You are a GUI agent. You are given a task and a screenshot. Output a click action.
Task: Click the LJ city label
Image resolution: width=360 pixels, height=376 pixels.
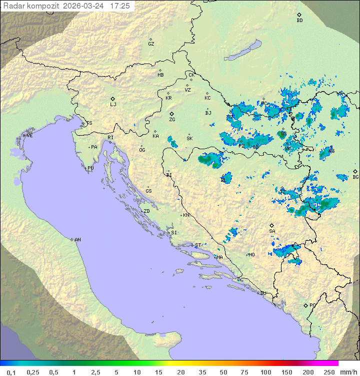[x=113, y=105]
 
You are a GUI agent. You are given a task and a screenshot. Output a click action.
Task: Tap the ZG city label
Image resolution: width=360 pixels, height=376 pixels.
[x=172, y=120]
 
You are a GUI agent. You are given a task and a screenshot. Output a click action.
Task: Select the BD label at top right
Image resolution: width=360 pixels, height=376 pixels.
[x=299, y=21]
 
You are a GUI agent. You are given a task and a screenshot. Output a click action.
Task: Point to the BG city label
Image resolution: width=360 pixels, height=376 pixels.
[x=355, y=177]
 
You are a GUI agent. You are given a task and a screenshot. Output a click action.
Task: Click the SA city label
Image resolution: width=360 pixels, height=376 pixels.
[x=272, y=231]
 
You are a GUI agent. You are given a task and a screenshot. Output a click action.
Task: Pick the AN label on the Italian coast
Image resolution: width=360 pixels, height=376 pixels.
[x=77, y=240]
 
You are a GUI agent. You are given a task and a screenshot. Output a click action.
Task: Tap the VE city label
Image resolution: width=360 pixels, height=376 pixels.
[x=29, y=136]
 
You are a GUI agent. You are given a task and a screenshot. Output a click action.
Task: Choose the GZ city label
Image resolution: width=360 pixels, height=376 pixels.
[x=151, y=44]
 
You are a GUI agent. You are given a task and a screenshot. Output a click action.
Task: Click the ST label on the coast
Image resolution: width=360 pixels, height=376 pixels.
[x=198, y=245]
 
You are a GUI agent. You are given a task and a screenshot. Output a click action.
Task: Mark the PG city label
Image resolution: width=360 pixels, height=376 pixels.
[x=312, y=305]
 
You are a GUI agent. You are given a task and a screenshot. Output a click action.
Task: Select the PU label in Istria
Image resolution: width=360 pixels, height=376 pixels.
[x=90, y=168]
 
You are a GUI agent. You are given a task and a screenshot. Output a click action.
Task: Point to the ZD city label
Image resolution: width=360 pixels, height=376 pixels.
[x=146, y=211]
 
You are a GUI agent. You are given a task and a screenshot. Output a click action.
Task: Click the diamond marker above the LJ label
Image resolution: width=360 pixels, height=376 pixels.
[x=113, y=99]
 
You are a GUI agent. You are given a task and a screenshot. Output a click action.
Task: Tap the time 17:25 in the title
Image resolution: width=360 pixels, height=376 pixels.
[x=120, y=6]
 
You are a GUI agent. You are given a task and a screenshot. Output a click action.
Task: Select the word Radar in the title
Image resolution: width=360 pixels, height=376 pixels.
[x=13, y=6]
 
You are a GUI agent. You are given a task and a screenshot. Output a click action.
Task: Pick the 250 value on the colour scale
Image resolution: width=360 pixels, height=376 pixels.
[x=329, y=372]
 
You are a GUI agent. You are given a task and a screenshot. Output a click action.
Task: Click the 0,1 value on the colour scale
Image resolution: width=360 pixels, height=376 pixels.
[x=11, y=372]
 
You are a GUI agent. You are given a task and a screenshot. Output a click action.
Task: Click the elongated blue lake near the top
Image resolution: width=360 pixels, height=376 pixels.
[x=242, y=51]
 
